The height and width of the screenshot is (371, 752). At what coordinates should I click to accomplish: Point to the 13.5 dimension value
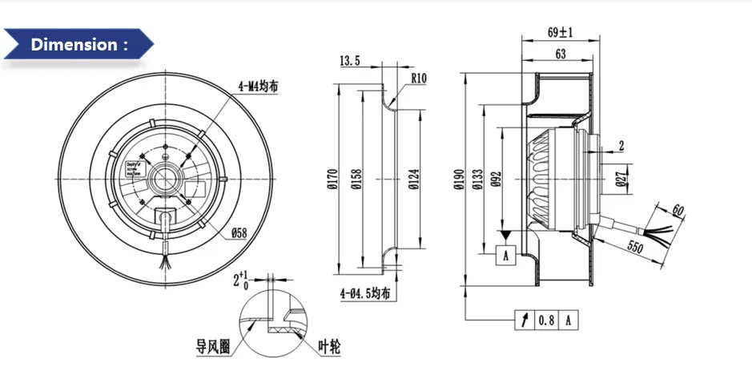(x=350, y=61)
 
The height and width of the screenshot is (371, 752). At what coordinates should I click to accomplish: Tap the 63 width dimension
(x=561, y=54)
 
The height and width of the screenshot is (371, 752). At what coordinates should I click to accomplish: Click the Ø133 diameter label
(x=477, y=181)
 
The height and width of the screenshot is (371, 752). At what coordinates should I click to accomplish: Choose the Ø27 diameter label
(x=621, y=178)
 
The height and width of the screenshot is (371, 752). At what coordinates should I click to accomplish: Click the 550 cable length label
(x=636, y=248)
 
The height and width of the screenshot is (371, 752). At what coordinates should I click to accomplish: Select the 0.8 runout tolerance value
(x=546, y=321)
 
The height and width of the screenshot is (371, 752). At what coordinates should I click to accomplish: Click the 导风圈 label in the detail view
(x=213, y=346)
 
